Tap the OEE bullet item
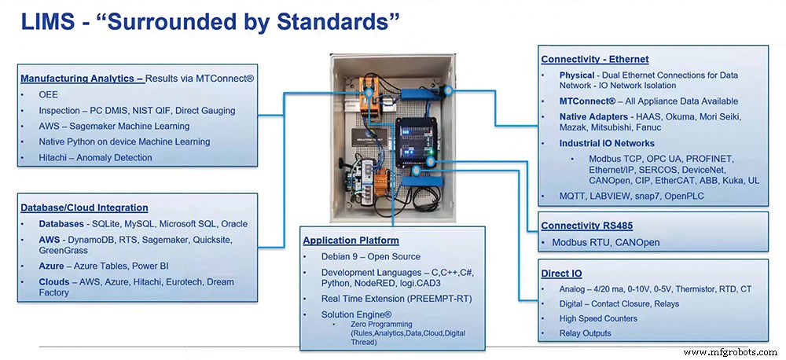click(x=49, y=95)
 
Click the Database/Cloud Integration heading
click(x=84, y=208)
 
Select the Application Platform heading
click(x=351, y=241)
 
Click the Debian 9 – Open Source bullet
click(x=371, y=257)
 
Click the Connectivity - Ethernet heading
click(x=594, y=59)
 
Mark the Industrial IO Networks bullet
click(x=607, y=144)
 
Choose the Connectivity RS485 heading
click(x=591, y=226)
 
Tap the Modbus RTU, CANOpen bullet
click(x=600, y=243)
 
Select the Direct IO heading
click(x=561, y=274)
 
